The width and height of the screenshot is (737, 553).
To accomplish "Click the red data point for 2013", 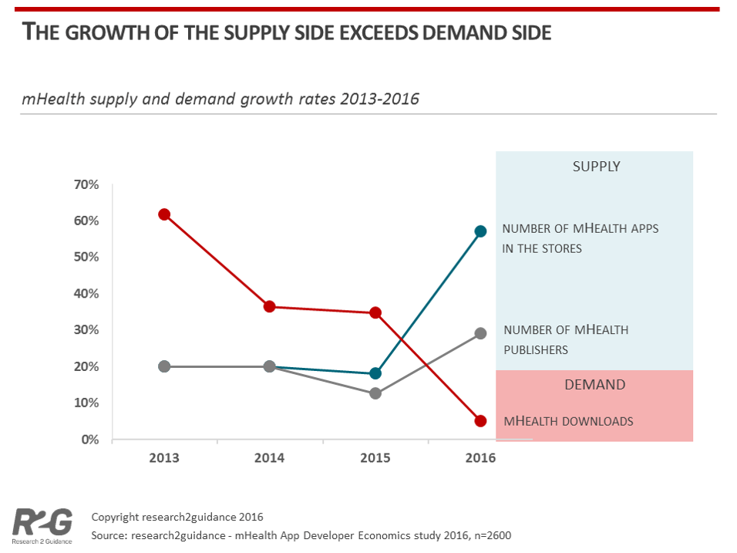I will click(164, 214).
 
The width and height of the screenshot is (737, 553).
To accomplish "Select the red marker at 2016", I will click(480, 421).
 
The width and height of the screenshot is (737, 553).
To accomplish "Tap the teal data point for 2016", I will click(480, 231).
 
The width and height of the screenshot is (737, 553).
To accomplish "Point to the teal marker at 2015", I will click(375, 373).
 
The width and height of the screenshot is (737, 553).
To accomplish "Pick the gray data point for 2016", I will click(480, 333).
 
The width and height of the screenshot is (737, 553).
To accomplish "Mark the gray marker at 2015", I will click(375, 393).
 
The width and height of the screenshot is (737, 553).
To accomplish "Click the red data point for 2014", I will click(270, 306).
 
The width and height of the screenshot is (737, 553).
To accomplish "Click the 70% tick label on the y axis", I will click(86, 184).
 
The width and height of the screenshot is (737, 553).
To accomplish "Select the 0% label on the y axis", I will click(89, 440).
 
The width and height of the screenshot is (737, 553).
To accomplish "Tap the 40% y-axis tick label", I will click(86, 294).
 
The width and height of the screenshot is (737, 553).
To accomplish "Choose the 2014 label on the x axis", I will click(270, 458).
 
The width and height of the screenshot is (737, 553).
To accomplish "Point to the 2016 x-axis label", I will click(480, 458).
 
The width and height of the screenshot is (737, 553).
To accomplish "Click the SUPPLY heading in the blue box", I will click(596, 167).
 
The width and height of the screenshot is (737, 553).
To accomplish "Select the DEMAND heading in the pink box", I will click(594, 384).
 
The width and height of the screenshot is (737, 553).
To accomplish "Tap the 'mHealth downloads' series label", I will click(568, 421).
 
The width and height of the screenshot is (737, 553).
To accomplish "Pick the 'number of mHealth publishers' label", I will click(566, 339).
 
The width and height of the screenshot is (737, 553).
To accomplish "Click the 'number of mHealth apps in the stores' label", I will click(581, 238).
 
